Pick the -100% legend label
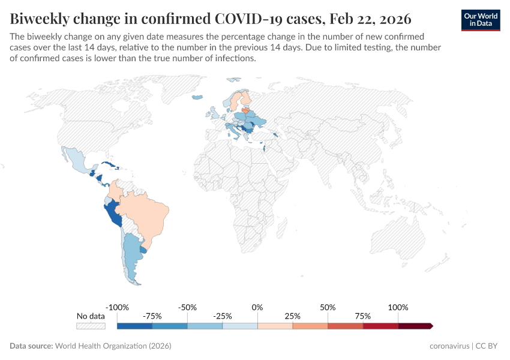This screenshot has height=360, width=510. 117,307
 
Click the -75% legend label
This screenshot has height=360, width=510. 152,316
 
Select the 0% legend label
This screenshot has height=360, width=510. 257,307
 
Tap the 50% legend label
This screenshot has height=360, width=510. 328,307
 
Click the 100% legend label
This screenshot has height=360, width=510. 398,307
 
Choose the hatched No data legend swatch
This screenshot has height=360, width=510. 91,326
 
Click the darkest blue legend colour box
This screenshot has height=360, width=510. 134,326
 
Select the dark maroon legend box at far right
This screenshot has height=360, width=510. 415,326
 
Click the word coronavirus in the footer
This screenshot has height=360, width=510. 450,346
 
